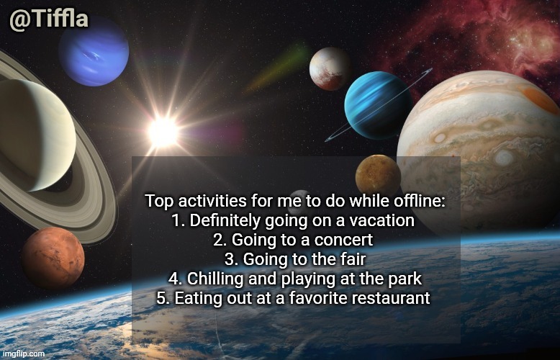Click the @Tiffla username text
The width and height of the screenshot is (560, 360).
(x=49, y=19)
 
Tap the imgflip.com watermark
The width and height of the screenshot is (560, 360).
(x=24, y=354)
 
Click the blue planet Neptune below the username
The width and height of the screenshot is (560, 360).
(x=94, y=53)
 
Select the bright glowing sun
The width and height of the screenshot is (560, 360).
(x=163, y=131)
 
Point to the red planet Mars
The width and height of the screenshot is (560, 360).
(x=53, y=258)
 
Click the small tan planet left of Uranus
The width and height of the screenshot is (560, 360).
(x=329, y=68)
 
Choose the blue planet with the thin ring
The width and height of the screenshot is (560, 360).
(x=378, y=105)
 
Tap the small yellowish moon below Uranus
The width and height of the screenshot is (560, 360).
(x=378, y=176)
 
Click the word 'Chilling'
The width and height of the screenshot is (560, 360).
(x=216, y=279)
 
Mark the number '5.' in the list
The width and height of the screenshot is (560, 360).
(x=163, y=297)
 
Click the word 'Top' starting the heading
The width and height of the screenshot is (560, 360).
(x=158, y=202)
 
